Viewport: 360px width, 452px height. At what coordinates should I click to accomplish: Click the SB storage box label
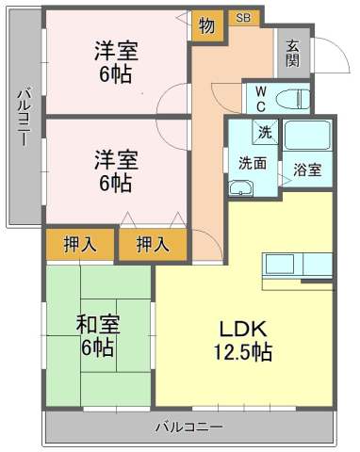pyautogui.click(x=243, y=18)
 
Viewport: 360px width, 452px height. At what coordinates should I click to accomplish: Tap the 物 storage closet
pyautogui.click(x=207, y=25)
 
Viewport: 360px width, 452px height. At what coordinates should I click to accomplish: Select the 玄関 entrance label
pyautogui.click(x=293, y=54)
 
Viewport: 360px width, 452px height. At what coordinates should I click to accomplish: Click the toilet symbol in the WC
pyautogui.click(x=293, y=100)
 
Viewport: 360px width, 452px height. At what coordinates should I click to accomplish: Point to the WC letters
pyautogui.click(x=261, y=100)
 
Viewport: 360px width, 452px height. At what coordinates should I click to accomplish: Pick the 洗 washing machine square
pyautogui.click(x=265, y=132)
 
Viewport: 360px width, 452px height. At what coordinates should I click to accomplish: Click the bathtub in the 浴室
pyautogui.click(x=307, y=135)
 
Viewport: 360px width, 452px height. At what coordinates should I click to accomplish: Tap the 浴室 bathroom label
pyautogui.click(x=307, y=169)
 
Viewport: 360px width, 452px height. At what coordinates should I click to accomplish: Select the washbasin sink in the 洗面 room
pyautogui.click(x=240, y=188)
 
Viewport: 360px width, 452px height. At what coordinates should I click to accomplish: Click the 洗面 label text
pyautogui.click(x=253, y=163)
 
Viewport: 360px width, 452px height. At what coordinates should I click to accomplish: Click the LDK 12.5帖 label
pyautogui.click(x=243, y=341)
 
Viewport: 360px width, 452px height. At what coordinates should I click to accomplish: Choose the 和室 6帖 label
pyautogui.click(x=98, y=336)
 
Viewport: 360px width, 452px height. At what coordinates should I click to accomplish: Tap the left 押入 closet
pyautogui.click(x=80, y=245)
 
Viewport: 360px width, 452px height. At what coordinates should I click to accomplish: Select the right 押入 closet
pyautogui.click(x=153, y=245)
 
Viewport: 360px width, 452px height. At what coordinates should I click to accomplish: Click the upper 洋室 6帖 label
pyautogui.click(x=116, y=62)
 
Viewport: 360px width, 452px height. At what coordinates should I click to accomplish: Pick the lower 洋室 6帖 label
pyautogui.click(x=116, y=171)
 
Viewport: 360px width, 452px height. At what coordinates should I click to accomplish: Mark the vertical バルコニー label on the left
pyautogui.click(x=25, y=117)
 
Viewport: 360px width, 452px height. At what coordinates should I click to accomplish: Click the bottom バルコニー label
pyautogui.click(x=189, y=427)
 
